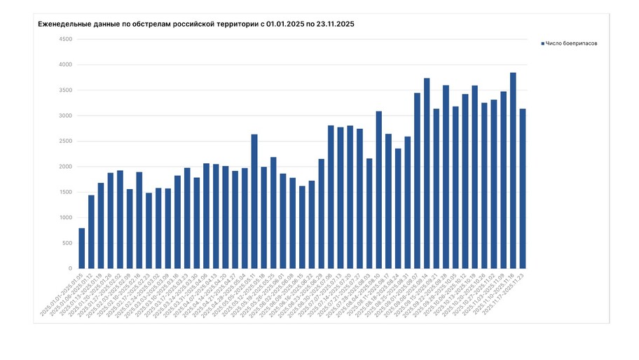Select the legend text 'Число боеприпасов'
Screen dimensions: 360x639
[571, 43]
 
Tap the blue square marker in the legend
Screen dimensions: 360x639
[542, 43]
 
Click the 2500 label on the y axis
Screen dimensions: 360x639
[65, 141]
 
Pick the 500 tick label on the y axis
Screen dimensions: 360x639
[67, 243]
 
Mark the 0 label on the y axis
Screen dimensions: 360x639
[70, 268]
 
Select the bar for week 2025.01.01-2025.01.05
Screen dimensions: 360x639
[82, 248]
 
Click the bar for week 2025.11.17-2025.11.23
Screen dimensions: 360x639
[523, 188]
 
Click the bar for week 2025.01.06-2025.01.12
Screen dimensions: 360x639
[91, 232]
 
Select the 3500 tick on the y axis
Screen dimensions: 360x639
[65, 90]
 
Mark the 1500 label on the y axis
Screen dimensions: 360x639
[65, 192]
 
